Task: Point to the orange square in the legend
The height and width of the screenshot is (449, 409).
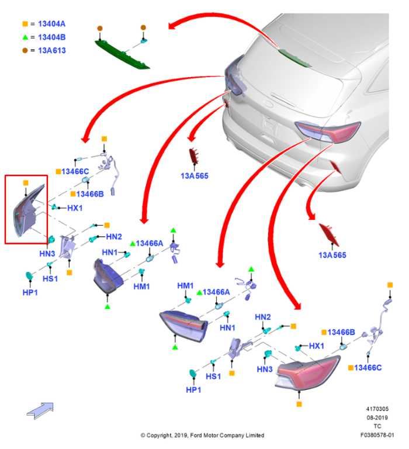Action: coord(25,24)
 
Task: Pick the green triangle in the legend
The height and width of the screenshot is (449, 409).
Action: coord(25,37)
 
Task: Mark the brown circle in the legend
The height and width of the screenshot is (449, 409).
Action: coord(25,50)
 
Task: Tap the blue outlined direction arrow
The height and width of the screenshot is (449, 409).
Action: coord(40,410)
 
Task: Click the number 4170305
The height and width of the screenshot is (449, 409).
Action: coord(377,409)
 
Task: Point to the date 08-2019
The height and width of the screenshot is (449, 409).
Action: coord(377,418)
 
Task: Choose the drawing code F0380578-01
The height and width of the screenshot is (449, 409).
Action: coord(377,436)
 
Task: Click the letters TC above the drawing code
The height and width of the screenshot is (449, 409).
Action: coord(377,427)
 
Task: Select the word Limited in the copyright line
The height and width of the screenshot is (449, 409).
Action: coord(253,436)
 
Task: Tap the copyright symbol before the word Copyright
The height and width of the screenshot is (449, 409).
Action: coord(143,436)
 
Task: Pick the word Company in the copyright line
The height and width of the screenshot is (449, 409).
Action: coord(230,436)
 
